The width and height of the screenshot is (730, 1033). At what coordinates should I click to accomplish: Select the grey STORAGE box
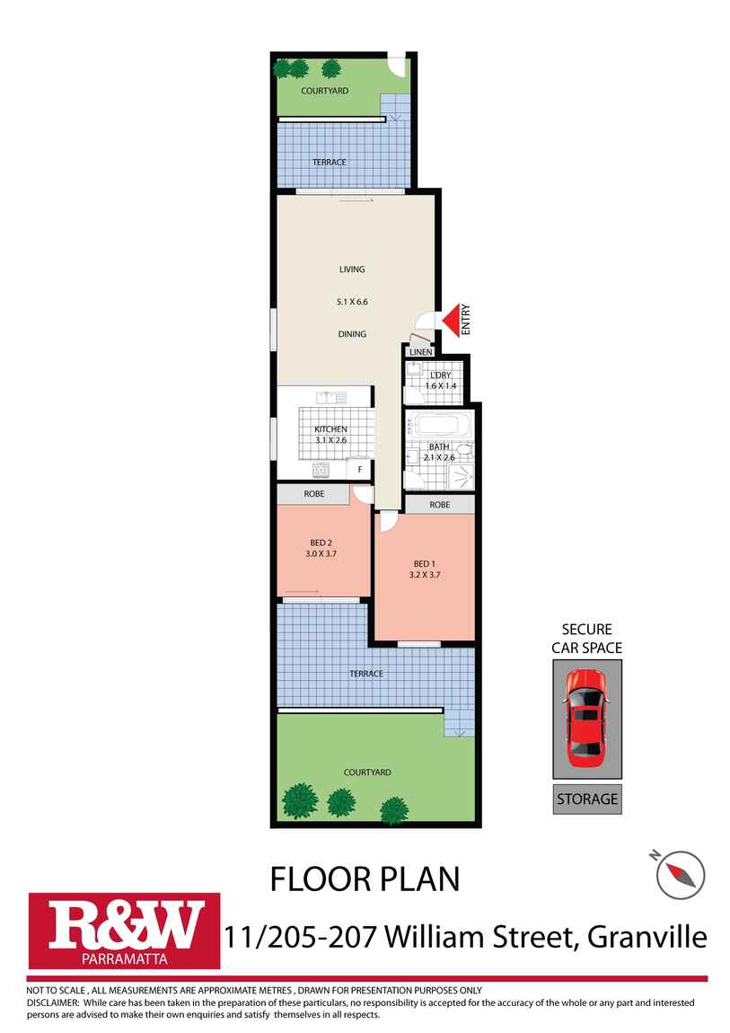click(x=587, y=798)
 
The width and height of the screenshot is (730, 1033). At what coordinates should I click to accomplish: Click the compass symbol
click(x=680, y=873)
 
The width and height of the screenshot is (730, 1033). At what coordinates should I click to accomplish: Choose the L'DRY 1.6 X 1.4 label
click(x=440, y=380)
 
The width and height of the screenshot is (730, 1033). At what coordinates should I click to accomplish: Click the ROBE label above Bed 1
click(x=440, y=505)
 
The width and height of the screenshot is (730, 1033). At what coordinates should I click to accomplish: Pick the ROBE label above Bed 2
click(x=313, y=494)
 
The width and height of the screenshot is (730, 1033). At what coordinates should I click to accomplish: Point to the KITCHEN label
click(x=330, y=429)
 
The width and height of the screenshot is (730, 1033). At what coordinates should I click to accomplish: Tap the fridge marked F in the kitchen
click(x=360, y=469)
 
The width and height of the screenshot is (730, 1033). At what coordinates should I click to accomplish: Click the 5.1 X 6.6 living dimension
click(x=352, y=302)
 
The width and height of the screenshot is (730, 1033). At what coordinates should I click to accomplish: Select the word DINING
click(x=352, y=334)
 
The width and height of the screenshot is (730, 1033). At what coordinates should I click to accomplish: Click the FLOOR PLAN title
click(x=365, y=878)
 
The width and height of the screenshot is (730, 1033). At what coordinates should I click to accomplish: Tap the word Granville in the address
click(x=646, y=937)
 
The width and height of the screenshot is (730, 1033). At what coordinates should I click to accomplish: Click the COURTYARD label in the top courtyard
click(x=325, y=91)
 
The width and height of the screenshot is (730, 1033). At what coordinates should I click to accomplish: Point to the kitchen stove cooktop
click(x=321, y=469)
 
